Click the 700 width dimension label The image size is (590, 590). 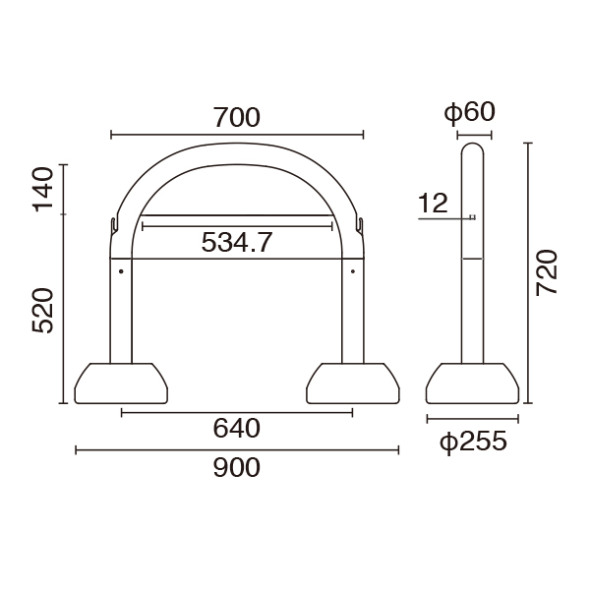[237, 117]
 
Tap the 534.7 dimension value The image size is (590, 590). [237, 242]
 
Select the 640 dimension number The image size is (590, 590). [237, 428]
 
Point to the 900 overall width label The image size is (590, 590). [237, 468]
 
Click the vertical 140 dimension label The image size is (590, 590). [42, 190]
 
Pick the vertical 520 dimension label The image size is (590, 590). [42, 311]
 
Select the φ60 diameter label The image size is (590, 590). [470, 112]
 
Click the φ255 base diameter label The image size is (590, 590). [473, 442]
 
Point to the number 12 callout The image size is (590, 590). [433, 204]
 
